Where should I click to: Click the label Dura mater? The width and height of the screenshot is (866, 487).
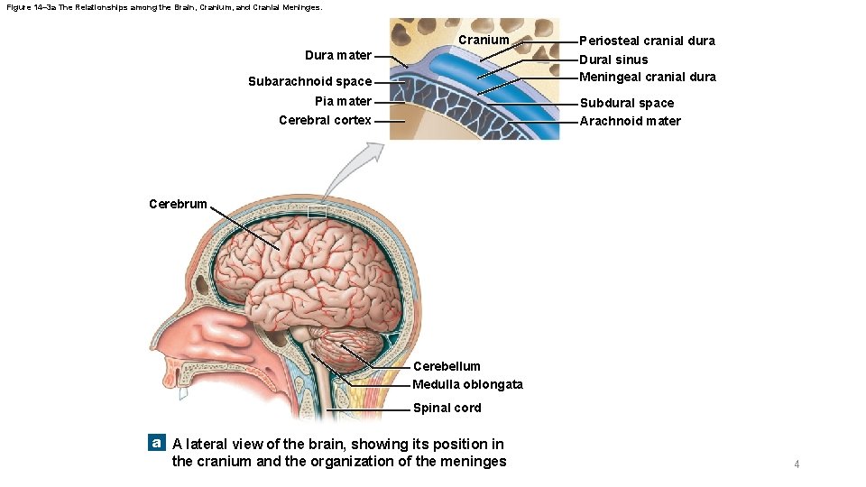coord(337,56)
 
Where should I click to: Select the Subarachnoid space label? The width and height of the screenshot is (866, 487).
coord(309,82)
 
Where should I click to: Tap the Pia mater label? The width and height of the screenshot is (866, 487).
coord(343,101)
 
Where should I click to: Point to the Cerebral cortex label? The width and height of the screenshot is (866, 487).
coord(325,120)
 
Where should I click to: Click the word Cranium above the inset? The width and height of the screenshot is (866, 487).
coord(484,41)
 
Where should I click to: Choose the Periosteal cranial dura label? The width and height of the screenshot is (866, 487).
coord(647,41)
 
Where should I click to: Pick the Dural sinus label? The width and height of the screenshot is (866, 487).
coord(613,60)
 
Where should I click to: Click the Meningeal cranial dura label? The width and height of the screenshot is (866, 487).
coord(647,77)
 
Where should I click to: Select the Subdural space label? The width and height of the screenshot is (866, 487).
coord(626,103)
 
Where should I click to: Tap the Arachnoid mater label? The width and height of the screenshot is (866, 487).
coord(630,121)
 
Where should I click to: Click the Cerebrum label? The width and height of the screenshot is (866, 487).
coord(178,204)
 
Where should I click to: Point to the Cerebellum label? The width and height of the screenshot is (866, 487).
coord(447,366)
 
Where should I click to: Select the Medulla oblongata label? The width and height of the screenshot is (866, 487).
coord(467,384)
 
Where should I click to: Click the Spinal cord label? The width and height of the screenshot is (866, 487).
coord(447,408)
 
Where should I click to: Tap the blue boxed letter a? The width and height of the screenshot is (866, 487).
coord(157,443)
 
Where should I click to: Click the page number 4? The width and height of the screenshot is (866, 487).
coord(797,464)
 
